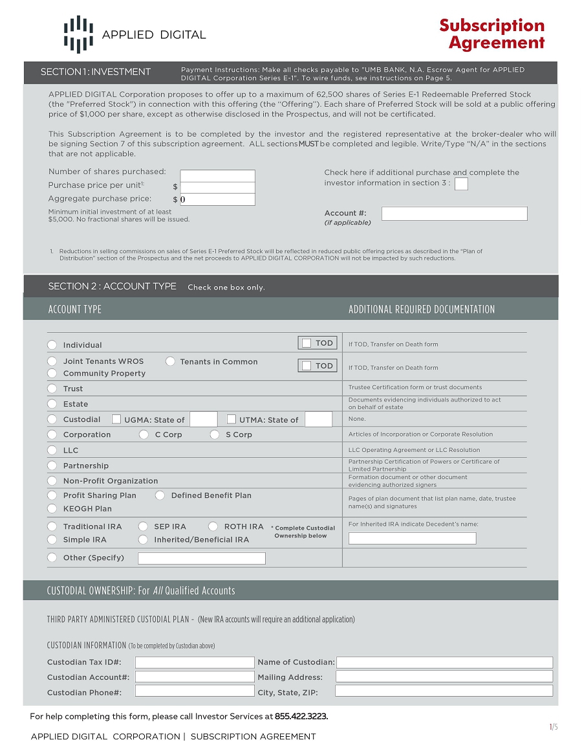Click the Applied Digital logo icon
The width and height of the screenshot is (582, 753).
pos(78,34)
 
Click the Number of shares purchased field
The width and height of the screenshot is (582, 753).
pos(217,175)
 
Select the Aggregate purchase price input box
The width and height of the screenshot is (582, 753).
pos(217,199)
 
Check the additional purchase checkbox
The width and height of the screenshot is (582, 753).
pos(461,184)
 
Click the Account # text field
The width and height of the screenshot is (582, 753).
pos(454,214)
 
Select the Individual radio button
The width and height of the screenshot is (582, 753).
pos(52,345)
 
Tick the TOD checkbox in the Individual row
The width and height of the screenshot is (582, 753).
pos(307,343)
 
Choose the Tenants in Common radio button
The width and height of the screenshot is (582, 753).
pos(170,361)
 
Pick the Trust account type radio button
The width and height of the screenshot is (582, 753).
pos(52,388)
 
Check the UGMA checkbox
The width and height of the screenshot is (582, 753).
pos(117,420)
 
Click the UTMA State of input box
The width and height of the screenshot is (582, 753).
pos(318,420)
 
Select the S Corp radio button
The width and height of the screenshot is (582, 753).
pos(215,434)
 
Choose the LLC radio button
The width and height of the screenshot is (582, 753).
pos(52,450)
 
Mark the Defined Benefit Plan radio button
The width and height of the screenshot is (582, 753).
pos(160,495)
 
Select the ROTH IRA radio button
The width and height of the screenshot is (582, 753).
pos(213,526)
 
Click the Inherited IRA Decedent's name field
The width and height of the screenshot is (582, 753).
pos(412,538)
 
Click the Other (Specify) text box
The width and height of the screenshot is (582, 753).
pos(202,558)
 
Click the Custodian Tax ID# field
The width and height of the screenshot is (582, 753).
pos(195,662)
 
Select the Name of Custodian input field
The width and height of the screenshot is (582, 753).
pos(444,662)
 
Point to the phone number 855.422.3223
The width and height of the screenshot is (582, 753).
pos(301,716)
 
